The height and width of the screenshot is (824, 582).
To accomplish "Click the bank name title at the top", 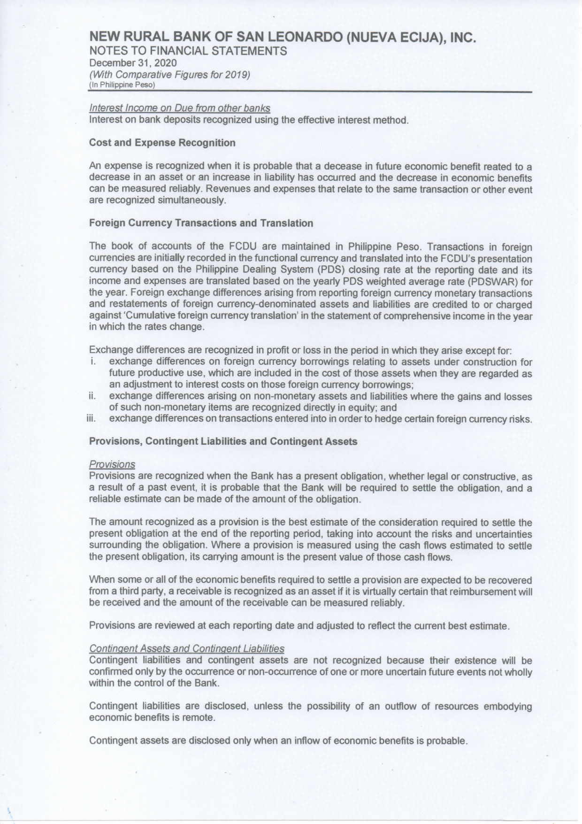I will point(283,38).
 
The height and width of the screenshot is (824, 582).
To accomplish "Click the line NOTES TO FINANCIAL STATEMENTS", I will point(188,51).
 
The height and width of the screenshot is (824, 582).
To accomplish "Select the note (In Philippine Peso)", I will point(122,85).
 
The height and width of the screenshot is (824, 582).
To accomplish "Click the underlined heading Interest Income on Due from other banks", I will point(179,108).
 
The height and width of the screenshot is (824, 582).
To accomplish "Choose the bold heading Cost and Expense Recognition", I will point(162,143).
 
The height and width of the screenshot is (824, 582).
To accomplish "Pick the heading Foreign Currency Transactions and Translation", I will point(201,223).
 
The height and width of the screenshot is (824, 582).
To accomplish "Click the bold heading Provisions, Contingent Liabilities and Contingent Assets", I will point(223,442).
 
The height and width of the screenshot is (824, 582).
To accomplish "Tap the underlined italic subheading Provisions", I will point(112,464).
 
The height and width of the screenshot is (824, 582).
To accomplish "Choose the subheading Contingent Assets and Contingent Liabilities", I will point(186,649).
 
